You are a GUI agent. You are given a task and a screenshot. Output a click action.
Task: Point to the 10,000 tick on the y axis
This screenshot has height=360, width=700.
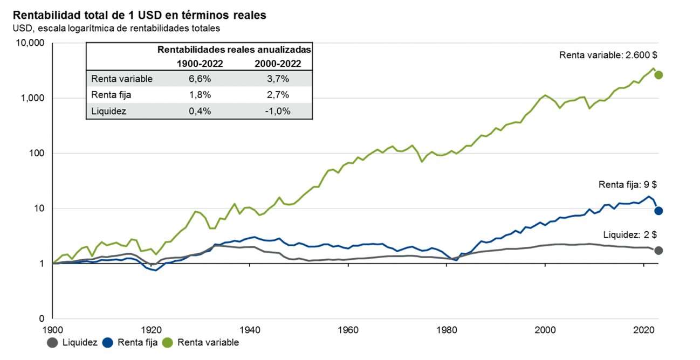(29, 43)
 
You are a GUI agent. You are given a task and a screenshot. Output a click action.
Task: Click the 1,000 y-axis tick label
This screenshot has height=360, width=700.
(31, 99)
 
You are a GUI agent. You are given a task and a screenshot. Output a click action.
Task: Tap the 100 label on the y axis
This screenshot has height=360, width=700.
(35, 154)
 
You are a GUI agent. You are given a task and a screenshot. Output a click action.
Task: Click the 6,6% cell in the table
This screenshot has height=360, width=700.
(200, 79)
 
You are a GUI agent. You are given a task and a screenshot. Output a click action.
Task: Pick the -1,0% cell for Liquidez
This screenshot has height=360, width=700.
(278, 111)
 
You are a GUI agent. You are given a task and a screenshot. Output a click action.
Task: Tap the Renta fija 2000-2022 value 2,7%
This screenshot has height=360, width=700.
(278, 95)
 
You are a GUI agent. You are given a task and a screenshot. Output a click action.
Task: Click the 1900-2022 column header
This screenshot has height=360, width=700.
(200, 63)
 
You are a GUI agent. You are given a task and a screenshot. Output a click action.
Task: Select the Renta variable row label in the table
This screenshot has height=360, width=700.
(122, 79)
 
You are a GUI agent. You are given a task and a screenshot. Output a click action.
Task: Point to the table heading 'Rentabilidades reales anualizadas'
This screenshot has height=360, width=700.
(235, 50)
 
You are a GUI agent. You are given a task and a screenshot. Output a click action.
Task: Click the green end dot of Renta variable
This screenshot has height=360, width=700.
(658, 75)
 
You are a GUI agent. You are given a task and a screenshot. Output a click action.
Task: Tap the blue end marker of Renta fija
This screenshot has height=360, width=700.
(658, 211)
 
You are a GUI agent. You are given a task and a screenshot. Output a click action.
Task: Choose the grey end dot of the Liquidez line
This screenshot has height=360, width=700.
(658, 251)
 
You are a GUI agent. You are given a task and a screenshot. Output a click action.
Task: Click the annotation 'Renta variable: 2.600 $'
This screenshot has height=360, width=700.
(608, 55)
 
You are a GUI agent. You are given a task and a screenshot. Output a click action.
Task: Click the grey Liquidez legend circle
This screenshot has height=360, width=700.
(52, 342)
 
